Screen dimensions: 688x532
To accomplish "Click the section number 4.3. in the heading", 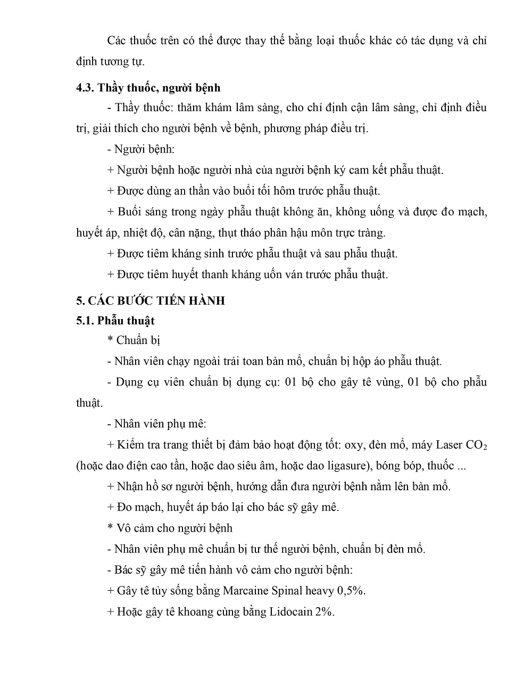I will click(x=85, y=87).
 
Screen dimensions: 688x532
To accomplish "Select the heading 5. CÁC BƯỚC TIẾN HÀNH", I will click(x=151, y=300).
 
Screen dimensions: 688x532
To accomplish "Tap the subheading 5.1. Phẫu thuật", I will click(x=115, y=321).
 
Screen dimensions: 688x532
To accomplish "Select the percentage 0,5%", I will click(x=352, y=590).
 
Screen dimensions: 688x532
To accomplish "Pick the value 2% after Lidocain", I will click(x=325, y=611).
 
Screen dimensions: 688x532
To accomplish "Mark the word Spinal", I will click(x=290, y=590).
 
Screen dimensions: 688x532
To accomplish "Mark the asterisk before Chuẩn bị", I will click(x=110, y=340).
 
